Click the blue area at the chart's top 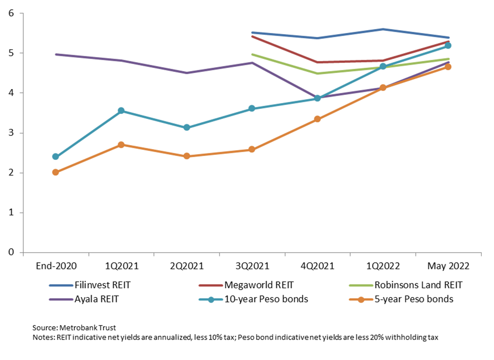344,25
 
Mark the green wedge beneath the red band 311,71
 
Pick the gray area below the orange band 253,228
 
